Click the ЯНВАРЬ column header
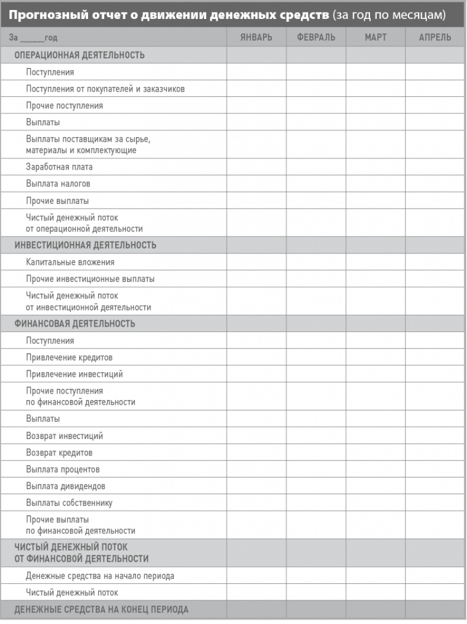256,37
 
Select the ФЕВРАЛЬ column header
316,37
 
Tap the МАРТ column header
375,37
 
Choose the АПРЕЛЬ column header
435,37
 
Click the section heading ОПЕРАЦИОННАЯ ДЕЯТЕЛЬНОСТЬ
79,55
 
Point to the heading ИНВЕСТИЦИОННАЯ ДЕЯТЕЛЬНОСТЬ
85,245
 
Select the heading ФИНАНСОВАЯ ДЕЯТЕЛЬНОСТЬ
74,324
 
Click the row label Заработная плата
59,167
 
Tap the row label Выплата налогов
58,184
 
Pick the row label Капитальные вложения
70,262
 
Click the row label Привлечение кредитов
69,357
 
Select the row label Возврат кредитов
59,453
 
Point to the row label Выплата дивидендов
66,486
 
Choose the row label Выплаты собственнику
69,503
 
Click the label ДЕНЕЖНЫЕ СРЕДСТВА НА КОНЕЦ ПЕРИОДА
101,609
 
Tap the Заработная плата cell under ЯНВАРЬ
256,167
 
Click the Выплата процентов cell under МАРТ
375,470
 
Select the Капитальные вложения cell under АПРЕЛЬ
435,262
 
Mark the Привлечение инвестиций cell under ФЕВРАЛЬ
316,374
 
